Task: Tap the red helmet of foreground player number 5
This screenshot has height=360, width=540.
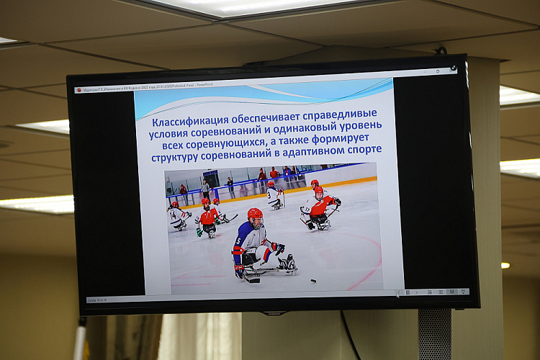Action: tap(255, 216)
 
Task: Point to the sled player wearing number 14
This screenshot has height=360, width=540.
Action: tap(176, 215)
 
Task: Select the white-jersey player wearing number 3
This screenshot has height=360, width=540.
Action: tap(274, 195)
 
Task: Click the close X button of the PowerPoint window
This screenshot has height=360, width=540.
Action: tap(452, 69)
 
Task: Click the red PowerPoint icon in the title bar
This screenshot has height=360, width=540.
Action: tap(77, 90)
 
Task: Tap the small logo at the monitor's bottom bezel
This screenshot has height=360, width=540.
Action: tap(274, 313)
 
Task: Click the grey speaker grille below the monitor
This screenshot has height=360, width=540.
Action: tap(435, 334)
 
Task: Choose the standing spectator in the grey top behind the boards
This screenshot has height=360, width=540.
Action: tap(206, 188)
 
